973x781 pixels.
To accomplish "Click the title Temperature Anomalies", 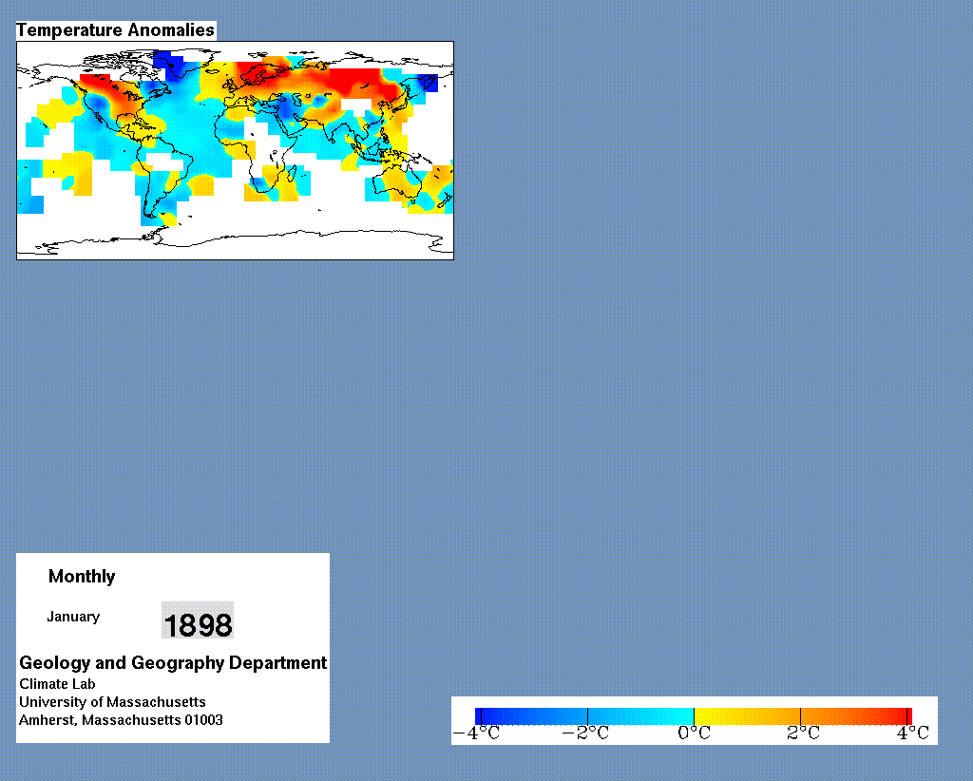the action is (115, 30).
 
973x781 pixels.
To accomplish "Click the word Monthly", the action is (82, 577).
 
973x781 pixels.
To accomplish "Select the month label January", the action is (73, 617).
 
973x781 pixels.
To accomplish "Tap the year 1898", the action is (198, 624).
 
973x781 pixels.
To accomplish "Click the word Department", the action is (278, 663).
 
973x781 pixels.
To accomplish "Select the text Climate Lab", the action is (57, 684).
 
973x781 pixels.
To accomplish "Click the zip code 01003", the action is (203, 720).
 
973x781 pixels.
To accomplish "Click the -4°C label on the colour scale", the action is (477, 733).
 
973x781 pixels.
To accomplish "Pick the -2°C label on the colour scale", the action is (585, 733).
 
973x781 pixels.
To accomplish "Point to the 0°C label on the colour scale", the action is (694, 733).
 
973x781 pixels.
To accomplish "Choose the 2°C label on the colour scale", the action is (803, 733).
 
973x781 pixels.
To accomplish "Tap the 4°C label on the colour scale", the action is (913, 733).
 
